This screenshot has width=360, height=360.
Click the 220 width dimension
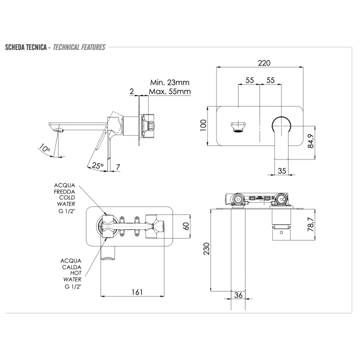pyautogui.click(x=264, y=62)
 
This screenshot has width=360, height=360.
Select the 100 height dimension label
pyautogui.click(x=203, y=125)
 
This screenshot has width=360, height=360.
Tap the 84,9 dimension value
pyautogui.click(x=310, y=140)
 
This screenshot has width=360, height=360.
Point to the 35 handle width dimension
pyautogui.click(x=281, y=170)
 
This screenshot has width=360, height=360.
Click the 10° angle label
pyautogui.click(x=44, y=148)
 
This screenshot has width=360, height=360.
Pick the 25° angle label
pyautogui.click(x=97, y=165)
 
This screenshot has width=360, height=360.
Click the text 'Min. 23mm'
pyautogui.click(x=169, y=82)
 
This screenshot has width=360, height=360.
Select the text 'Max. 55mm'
pyautogui.click(x=169, y=91)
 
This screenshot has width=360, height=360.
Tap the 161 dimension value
pyautogui.click(x=137, y=292)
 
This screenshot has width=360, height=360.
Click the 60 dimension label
pyautogui.click(x=186, y=226)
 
